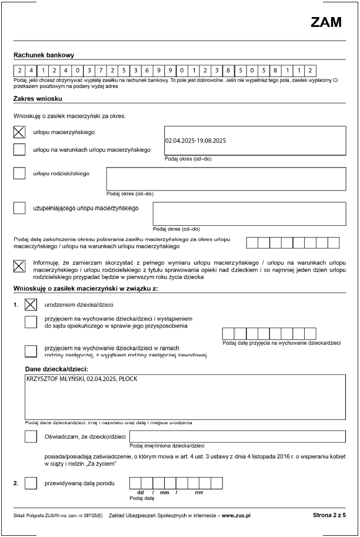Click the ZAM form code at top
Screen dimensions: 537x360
pos(326,22)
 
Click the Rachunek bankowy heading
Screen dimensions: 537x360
pos(43,55)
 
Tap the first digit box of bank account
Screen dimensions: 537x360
pos(19,69)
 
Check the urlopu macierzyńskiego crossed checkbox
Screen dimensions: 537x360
pos(19,132)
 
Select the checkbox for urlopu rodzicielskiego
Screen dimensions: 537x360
pos(19,174)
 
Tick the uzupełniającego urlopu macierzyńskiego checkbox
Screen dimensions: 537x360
pos(19,208)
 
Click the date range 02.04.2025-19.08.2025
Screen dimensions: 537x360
pos(196,141)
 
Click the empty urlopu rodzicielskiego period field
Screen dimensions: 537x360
pos(225,178)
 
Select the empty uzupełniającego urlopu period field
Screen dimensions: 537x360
pos(249,214)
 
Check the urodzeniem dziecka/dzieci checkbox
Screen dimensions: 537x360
pos(31,305)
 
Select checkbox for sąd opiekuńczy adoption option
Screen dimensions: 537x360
pos(31,321)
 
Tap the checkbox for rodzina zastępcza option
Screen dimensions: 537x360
pos(31,351)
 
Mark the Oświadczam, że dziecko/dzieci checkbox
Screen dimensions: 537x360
pos(31,436)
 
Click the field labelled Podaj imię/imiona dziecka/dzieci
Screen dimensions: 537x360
pos(237,436)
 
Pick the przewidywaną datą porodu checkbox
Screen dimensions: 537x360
pos(31,483)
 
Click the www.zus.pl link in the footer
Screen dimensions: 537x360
pos(236,515)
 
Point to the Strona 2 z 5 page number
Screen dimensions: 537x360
pos(329,515)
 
